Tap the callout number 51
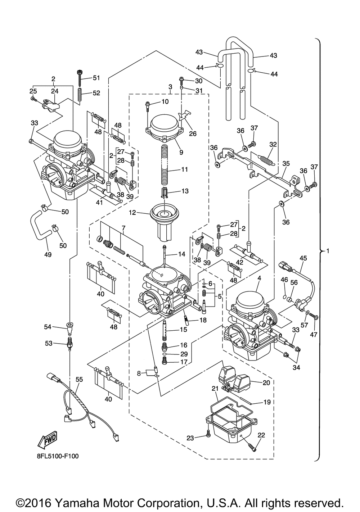96,78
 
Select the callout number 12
132,213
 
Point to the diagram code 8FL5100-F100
57,456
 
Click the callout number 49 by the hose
48,254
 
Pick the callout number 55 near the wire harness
79,379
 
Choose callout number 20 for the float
266,383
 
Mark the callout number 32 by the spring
273,144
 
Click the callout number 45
303,258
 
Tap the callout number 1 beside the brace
327,250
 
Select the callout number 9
181,152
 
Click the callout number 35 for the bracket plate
286,163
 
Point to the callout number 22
261,435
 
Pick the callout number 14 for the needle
182,254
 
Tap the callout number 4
259,278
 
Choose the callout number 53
48,344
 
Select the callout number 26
193,134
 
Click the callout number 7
123,228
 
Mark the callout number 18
203,320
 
